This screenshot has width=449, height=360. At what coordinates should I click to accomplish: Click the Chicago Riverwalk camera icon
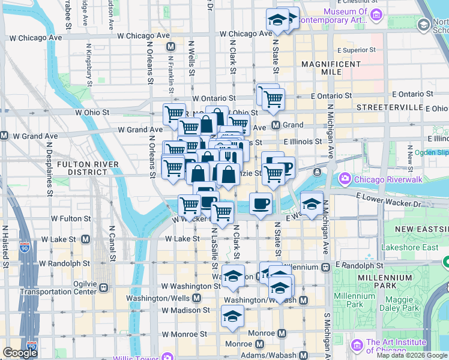[x=345, y=178]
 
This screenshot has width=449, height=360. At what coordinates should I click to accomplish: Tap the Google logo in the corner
[x=20, y=352]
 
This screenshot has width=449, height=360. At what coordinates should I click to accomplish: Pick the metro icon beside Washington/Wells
[x=196, y=298]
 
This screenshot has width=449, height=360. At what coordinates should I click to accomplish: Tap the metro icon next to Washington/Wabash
[x=304, y=300]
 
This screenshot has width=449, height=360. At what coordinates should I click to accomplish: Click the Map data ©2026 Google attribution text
[x=412, y=355]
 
